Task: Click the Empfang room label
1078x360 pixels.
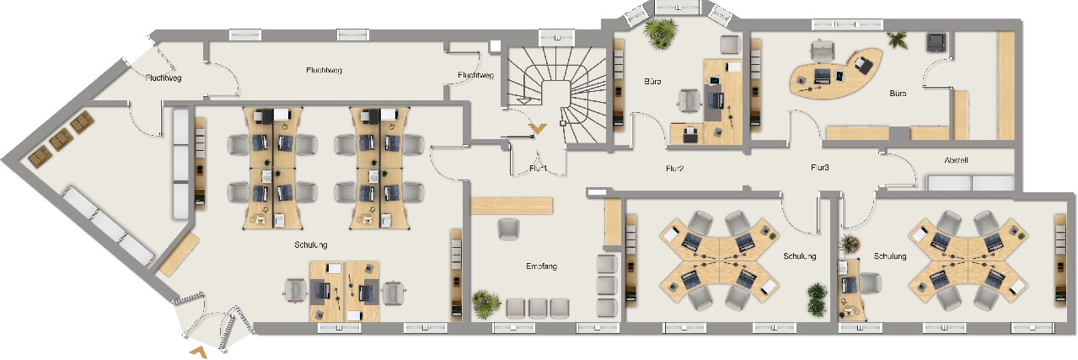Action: coord(541,266)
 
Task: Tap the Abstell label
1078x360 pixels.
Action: coord(956,160)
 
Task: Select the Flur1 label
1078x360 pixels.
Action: coord(538,169)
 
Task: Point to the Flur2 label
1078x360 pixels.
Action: coord(675,169)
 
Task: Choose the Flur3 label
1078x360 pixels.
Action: coord(820,168)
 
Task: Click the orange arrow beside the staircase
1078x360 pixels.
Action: coord(537,128)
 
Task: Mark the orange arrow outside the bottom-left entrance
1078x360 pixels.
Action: coord(199,352)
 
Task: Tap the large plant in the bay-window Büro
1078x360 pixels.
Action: coord(661,33)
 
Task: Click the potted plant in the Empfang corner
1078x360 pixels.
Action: coord(486,304)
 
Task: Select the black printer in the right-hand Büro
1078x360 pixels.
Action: coord(936,42)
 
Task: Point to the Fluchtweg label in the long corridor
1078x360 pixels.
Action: coord(324,70)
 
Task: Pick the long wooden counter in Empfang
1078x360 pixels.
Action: coord(511,206)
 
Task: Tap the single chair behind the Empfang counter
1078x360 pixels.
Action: coord(509,229)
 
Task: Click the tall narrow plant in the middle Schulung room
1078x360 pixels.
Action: coord(818,299)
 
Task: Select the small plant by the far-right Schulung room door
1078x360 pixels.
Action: coord(850,244)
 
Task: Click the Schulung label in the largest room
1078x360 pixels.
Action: coord(311,245)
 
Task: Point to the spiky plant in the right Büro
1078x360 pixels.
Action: coord(898,40)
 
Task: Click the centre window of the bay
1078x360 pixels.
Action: coord(677,7)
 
